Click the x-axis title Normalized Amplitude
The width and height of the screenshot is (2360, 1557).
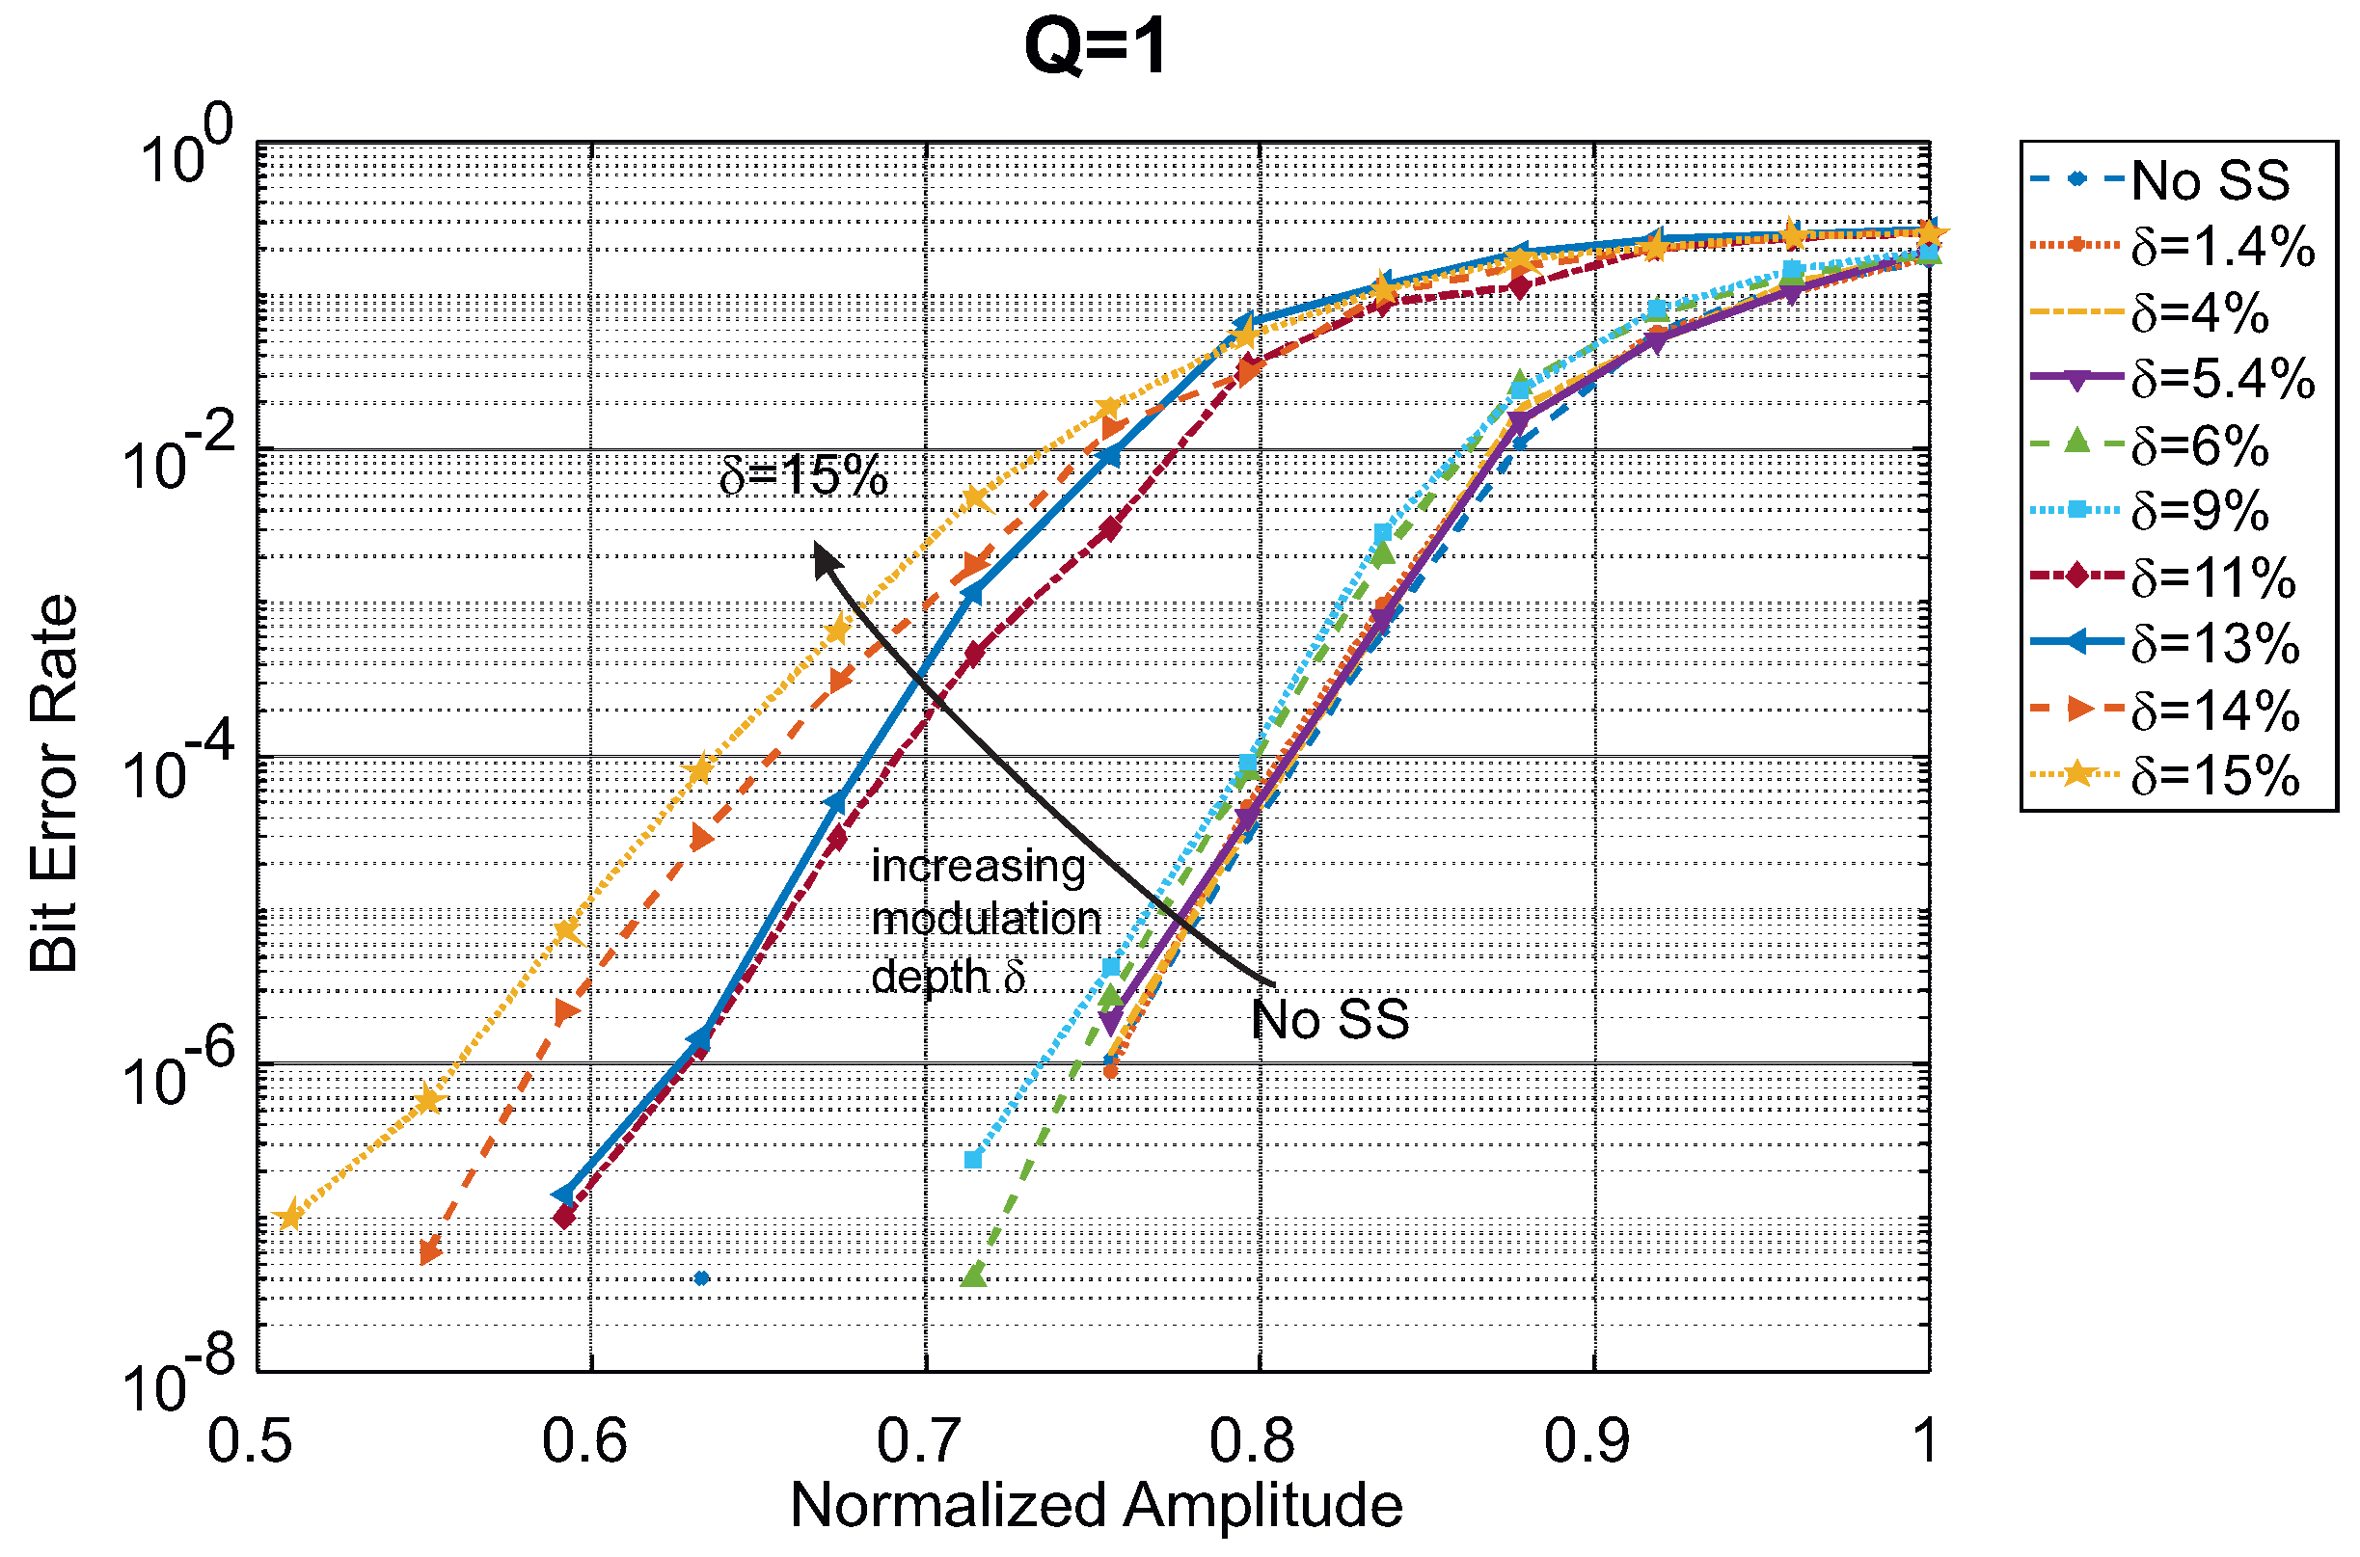tap(1096, 1505)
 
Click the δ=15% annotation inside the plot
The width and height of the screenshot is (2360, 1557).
tap(802, 476)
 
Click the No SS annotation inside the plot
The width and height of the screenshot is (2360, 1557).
tap(1329, 1020)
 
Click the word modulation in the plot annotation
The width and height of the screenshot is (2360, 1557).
tap(986, 920)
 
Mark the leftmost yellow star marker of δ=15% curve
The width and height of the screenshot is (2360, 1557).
tap(289, 1217)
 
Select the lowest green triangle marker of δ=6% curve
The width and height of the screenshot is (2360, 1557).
tap(973, 1274)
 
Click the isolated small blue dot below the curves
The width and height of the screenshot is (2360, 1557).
tap(701, 1278)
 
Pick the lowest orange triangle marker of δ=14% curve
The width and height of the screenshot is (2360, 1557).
tap(430, 1251)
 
